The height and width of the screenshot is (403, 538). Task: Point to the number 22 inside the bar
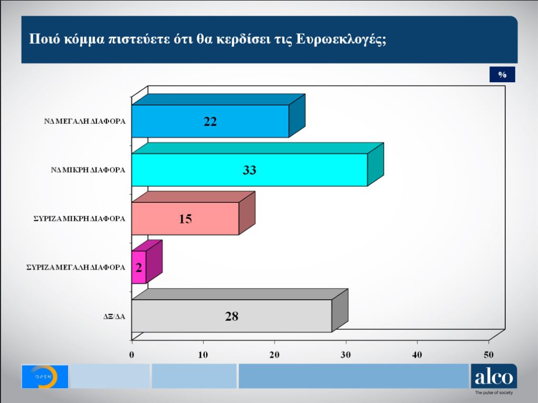[x=210, y=122]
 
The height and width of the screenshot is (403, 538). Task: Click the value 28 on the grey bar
[x=232, y=317]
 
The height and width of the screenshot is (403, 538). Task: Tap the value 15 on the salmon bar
[x=185, y=219]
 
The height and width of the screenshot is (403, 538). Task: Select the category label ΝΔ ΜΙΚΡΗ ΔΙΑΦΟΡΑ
[x=88, y=170]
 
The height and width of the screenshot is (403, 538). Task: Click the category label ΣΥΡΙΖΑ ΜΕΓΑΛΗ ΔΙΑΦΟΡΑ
[x=76, y=267]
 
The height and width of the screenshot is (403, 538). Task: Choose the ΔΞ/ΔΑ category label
[x=114, y=317]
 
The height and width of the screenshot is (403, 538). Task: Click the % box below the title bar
[x=502, y=75]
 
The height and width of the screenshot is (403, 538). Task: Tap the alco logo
[x=493, y=377]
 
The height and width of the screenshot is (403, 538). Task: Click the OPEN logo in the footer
[x=45, y=376]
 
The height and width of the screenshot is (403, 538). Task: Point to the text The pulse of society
[x=493, y=393]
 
